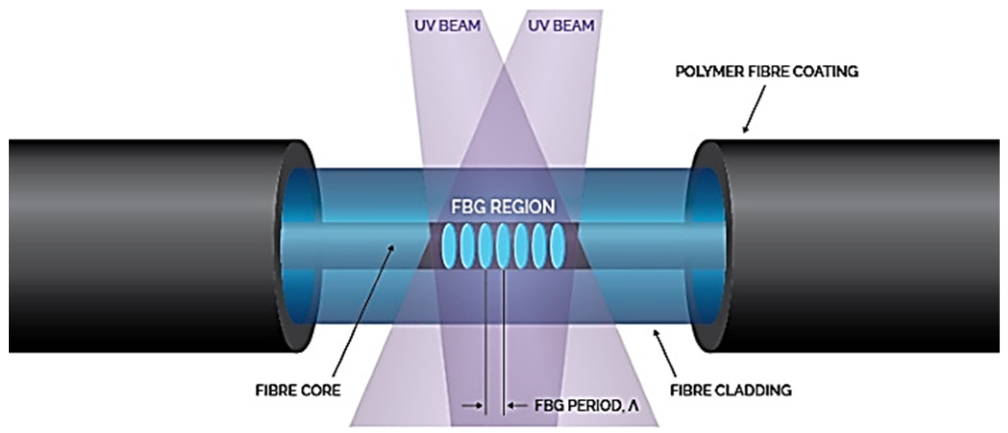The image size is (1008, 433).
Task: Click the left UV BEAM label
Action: click(447, 25)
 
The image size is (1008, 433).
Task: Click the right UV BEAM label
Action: click(561, 25)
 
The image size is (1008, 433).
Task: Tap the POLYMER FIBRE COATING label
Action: click(767, 72)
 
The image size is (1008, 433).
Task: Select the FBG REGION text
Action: click(503, 207)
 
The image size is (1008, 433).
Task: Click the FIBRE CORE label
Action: click(298, 390)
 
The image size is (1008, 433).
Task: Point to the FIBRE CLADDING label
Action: click(731, 390)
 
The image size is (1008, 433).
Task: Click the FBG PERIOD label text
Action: click(587, 406)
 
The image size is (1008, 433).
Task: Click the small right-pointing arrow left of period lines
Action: click(472, 406)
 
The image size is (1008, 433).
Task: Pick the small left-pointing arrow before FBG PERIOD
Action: click(518, 406)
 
